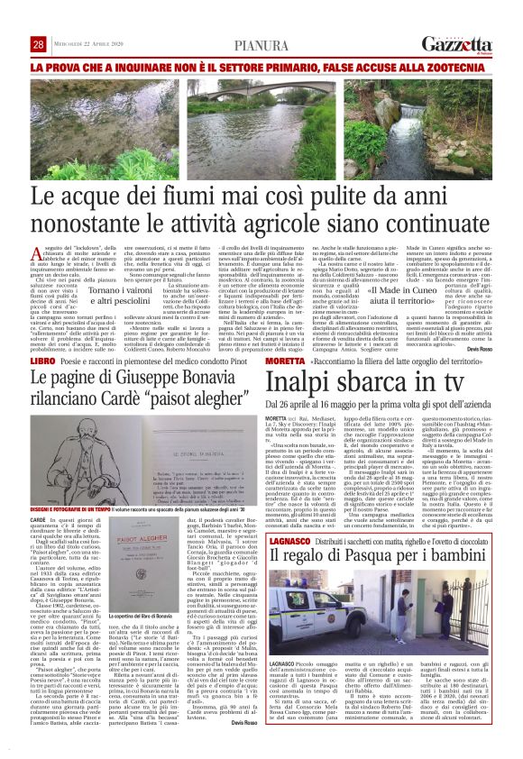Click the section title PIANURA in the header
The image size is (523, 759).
pyautogui.click(x=261, y=45)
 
